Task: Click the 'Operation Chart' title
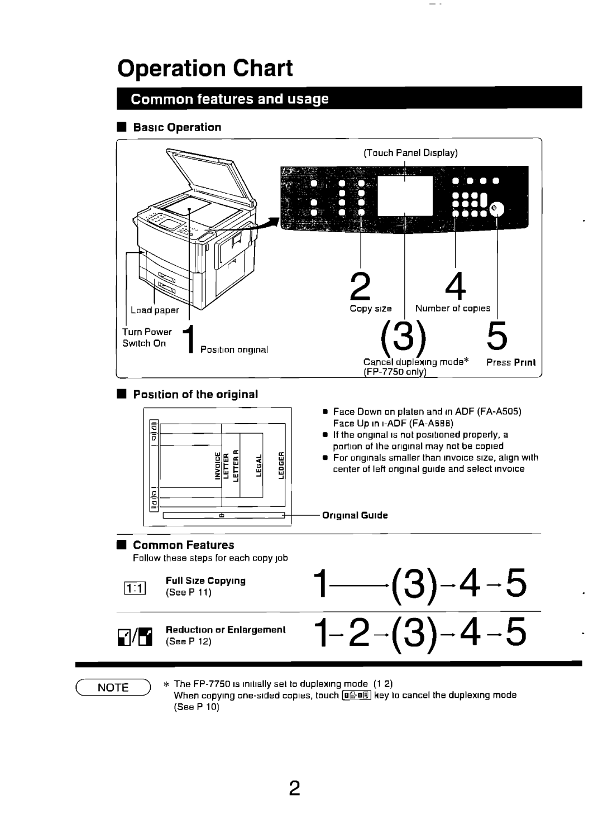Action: (205, 68)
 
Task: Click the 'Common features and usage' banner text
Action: (230, 100)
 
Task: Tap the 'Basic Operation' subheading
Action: (177, 127)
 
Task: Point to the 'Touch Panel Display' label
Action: (411, 152)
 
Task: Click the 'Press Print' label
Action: (510, 362)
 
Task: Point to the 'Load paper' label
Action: (155, 310)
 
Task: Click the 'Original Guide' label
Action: (355, 515)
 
